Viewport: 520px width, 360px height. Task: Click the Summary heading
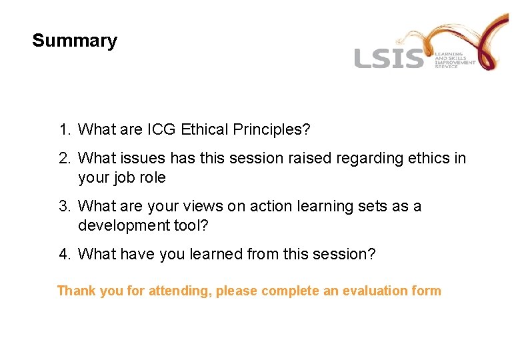(74, 41)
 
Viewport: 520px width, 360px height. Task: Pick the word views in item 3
(190, 206)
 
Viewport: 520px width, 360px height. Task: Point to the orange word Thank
(77, 291)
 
